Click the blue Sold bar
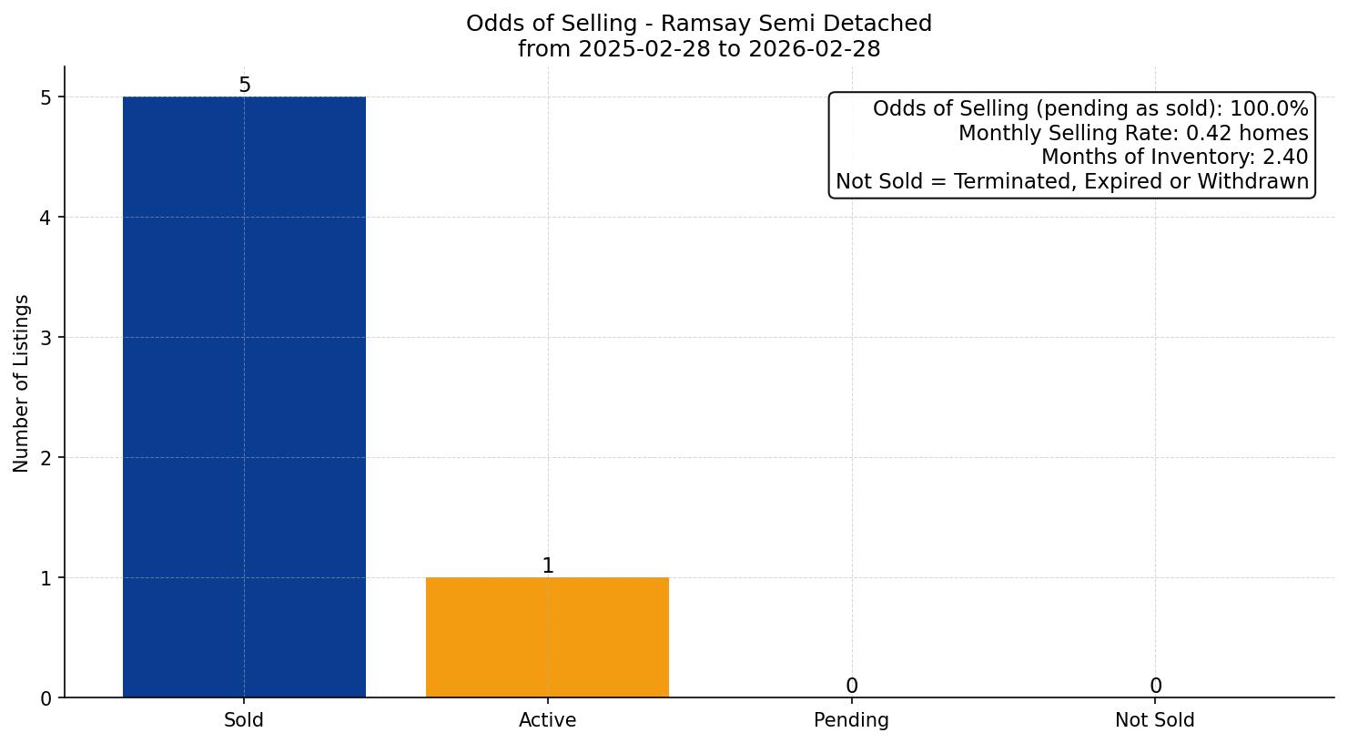click(x=244, y=396)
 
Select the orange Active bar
click(x=547, y=637)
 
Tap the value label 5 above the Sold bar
click(x=244, y=86)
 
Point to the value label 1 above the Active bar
click(x=547, y=566)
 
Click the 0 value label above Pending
click(x=851, y=687)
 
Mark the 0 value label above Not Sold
click(x=1155, y=687)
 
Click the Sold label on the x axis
click(x=244, y=720)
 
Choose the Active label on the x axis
click(x=547, y=720)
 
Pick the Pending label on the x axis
click(x=851, y=720)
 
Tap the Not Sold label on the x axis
click(x=1155, y=720)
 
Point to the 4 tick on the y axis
click(x=46, y=218)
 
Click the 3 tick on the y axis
click(x=46, y=338)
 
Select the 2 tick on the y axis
click(x=46, y=458)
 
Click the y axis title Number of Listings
click(x=22, y=382)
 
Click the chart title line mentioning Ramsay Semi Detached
click(x=699, y=24)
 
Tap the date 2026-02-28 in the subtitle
click(x=814, y=49)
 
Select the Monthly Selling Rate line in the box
click(x=1133, y=134)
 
